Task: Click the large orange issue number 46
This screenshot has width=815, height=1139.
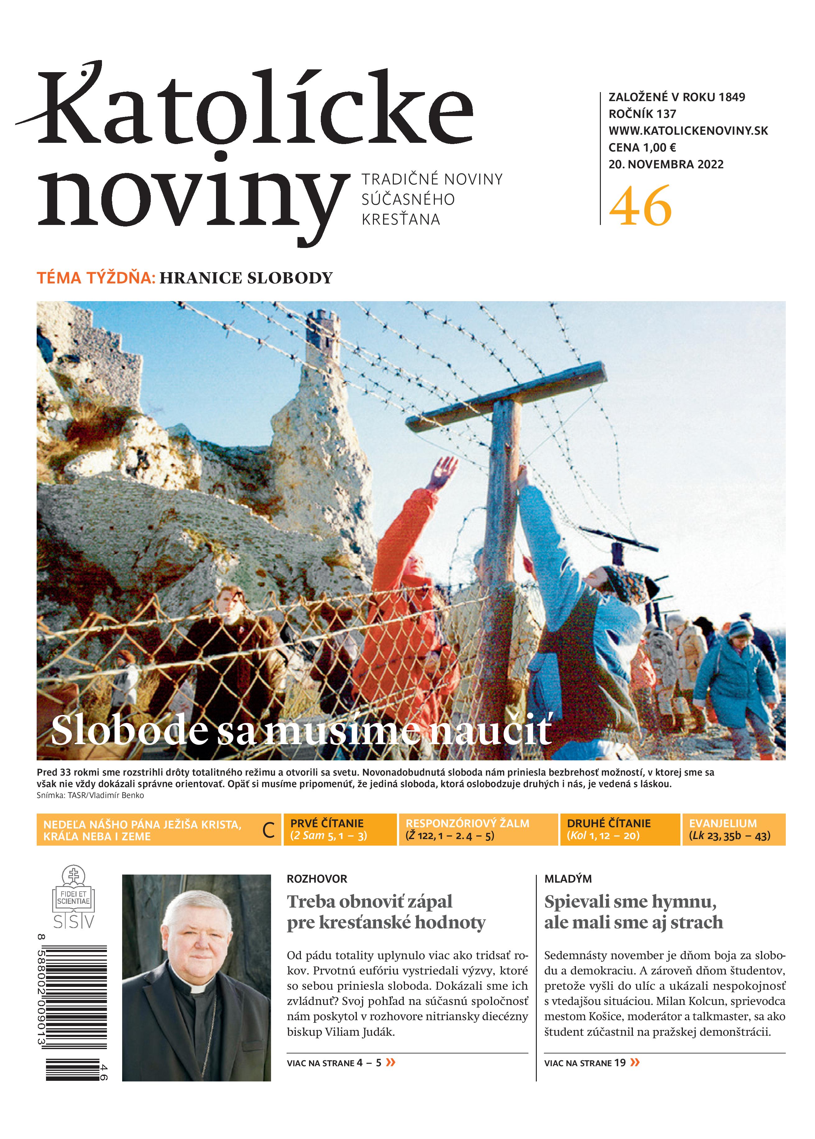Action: (640, 206)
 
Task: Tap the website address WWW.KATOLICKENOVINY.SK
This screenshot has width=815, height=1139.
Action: (688, 131)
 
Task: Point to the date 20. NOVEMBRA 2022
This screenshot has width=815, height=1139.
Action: (666, 164)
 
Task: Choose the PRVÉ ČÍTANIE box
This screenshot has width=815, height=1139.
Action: (340, 830)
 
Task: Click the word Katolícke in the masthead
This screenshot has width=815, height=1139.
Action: (256, 108)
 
